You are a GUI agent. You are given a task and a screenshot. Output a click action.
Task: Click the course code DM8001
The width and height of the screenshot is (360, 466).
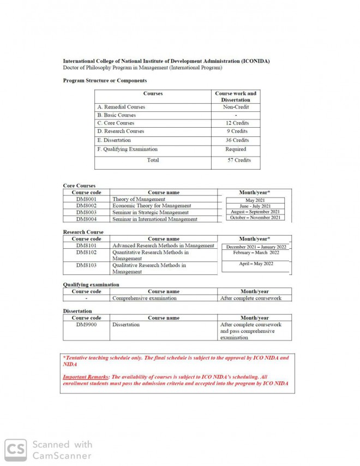coord(86,200)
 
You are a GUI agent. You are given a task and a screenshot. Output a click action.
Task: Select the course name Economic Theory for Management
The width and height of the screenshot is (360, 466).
coord(152,206)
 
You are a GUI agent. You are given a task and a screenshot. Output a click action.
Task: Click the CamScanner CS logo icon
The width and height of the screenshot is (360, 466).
coord(16,450)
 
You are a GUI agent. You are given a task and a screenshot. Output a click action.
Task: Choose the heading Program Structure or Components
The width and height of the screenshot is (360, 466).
coord(105,81)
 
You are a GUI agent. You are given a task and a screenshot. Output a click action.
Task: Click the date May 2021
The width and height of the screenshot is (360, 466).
coord(255,200)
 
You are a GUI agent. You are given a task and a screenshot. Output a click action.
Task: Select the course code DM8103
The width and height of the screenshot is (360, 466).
coord(86,266)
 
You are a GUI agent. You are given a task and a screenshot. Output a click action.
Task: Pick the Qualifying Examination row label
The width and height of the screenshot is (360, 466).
coord(127,150)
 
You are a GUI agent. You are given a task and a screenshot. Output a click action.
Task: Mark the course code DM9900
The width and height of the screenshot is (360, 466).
coord(86,325)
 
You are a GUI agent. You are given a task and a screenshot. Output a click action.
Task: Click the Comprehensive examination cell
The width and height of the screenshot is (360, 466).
coord(145,298)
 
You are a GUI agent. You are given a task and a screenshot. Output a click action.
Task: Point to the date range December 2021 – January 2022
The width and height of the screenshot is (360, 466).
coord(256,247)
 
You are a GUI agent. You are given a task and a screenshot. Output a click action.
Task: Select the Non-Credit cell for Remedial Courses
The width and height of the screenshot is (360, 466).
coord(236,107)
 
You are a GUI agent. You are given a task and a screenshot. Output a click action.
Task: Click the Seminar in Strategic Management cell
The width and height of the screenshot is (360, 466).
coord(151,213)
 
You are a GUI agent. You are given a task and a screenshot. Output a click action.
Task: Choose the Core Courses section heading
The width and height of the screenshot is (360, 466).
coord(79,186)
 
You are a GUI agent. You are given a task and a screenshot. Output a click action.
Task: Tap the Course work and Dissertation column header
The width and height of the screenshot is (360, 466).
coord(236,97)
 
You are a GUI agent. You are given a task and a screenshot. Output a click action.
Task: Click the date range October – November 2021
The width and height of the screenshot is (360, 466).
coord(255,218)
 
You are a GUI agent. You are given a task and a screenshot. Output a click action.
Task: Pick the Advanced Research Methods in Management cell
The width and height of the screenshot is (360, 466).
coord(163,246)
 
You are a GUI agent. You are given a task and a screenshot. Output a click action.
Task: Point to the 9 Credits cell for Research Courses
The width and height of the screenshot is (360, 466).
coord(236,132)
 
